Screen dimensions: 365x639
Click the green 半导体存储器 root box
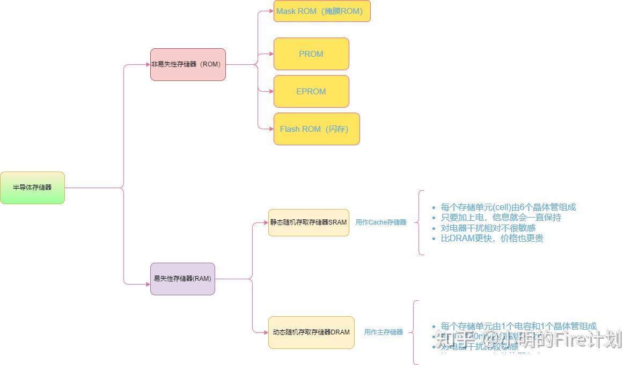coord(32,188)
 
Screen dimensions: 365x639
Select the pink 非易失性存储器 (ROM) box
coord(188,64)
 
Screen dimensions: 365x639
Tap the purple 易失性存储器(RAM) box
coord(182,279)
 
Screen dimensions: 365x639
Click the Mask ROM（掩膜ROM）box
coord(322,11)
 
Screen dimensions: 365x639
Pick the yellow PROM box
coord(311,54)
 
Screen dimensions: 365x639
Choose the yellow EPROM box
coord(311,91)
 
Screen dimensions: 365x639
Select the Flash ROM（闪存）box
coord(317,129)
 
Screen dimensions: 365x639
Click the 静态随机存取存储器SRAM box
coord(309,222)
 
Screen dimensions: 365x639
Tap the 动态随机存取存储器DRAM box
coord(311,332)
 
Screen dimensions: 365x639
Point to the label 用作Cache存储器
coord(381,222)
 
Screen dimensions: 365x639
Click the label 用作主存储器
coord(383,332)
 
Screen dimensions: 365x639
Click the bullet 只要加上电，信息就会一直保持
coord(501,218)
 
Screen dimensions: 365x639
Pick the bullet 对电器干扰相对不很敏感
coord(488,228)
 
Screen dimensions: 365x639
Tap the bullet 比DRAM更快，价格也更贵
coord(492,238)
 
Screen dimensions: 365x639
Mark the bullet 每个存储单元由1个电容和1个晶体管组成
coord(518,326)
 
